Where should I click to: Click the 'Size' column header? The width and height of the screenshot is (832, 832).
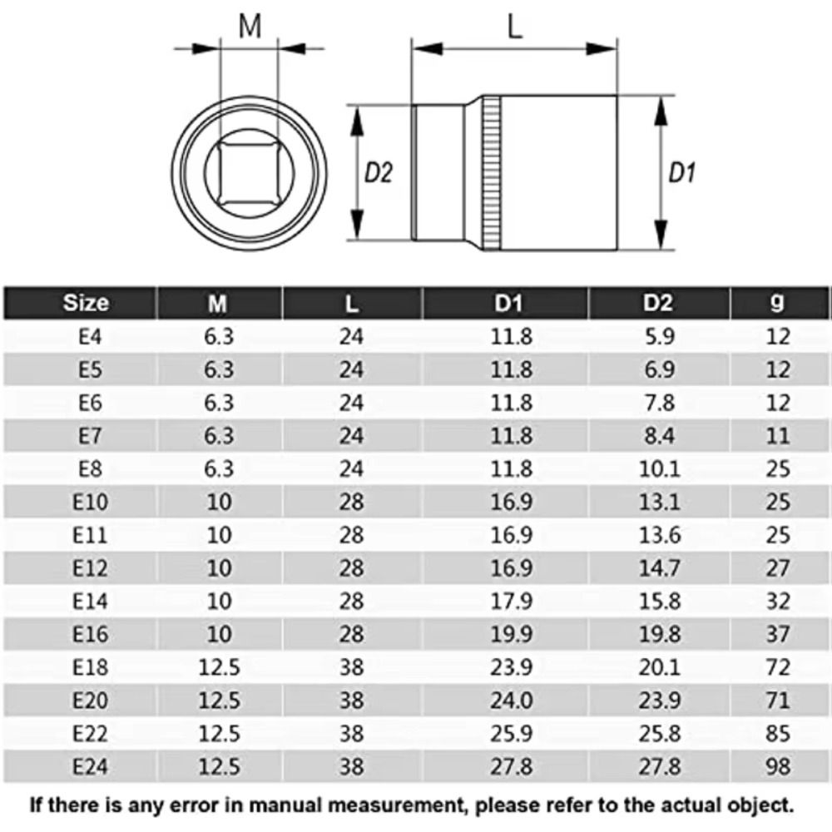click(x=86, y=303)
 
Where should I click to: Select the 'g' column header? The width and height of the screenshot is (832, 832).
click(x=777, y=303)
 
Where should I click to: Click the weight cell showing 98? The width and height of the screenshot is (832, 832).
click(x=777, y=764)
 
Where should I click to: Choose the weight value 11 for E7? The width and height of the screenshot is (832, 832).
click(x=777, y=435)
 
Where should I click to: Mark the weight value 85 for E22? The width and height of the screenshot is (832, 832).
click(x=777, y=731)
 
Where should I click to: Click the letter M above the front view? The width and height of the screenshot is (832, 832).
click(x=250, y=27)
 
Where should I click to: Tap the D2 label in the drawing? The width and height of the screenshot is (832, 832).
click(x=379, y=173)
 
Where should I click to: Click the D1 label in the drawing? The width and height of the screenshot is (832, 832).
click(x=682, y=173)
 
